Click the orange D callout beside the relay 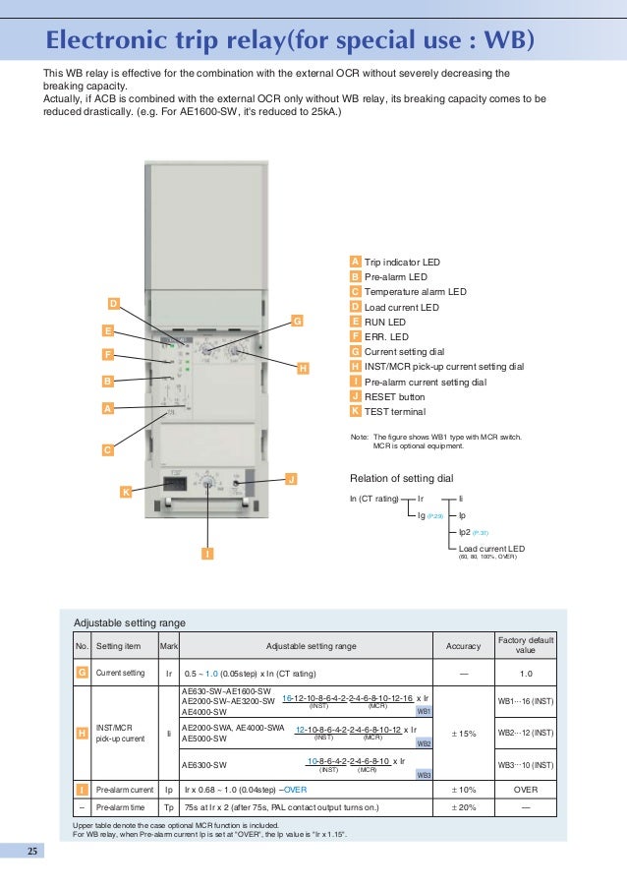click(x=113, y=302)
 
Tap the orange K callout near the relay click(x=125, y=491)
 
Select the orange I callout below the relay click(x=207, y=555)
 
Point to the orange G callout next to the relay click(x=297, y=321)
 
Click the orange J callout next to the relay click(x=290, y=479)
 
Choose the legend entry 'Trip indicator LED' click(x=402, y=263)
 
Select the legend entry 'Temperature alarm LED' click(x=415, y=292)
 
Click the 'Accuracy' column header click(x=463, y=646)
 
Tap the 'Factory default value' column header click(x=526, y=645)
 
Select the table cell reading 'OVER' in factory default click(x=526, y=789)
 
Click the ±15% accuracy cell click(x=463, y=733)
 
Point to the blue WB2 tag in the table click(x=425, y=743)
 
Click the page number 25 click(x=31, y=852)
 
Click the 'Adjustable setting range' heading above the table click(x=130, y=622)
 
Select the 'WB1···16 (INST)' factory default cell click(x=526, y=701)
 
